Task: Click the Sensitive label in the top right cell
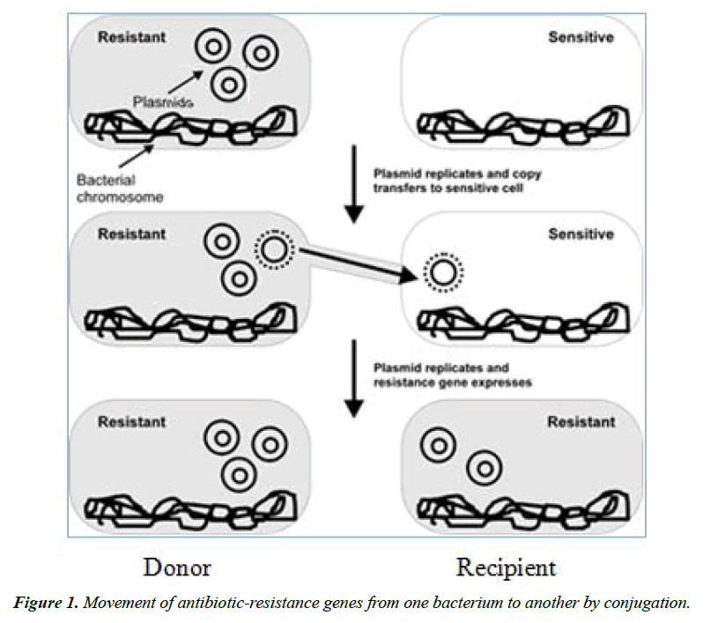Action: [x=581, y=38]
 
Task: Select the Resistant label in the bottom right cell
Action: [x=581, y=422]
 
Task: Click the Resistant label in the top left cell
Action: [x=131, y=38]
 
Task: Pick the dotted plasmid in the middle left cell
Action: [x=273, y=251]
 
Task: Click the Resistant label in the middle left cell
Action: [x=131, y=234]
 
